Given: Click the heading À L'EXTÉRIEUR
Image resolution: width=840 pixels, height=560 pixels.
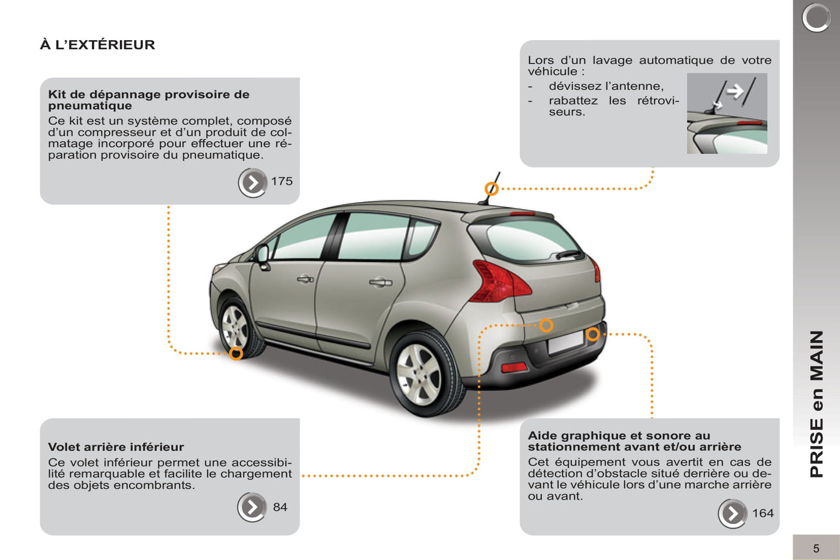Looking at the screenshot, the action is [98, 45].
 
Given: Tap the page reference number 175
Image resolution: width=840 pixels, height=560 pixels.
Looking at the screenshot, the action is [281, 181].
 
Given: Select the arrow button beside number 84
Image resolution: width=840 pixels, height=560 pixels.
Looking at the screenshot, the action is [252, 507].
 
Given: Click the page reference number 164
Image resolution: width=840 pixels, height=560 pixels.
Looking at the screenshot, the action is [763, 513].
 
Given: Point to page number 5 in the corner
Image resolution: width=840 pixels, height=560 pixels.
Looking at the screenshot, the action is [816, 548].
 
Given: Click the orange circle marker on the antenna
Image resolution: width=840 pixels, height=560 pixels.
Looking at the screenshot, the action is [491, 189].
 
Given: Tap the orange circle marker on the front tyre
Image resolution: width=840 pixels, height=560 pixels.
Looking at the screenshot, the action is [236, 353].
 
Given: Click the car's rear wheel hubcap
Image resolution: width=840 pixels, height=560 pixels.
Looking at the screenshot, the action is [419, 374].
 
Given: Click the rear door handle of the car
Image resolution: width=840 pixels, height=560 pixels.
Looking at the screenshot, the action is [381, 283].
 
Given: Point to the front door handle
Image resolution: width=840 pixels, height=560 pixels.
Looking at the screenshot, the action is [305, 279].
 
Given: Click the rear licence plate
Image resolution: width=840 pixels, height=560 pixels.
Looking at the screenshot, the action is [566, 342].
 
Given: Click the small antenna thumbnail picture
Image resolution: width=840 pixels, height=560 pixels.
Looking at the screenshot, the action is [727, 113].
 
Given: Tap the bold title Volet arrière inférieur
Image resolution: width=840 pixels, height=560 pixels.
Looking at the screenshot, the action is [116, 447].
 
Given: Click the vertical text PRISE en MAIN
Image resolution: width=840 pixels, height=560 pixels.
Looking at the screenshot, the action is [816, 404].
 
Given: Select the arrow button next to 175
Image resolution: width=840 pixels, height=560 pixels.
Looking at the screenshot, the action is [253, 183].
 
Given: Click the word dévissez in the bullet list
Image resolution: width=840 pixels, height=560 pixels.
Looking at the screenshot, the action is [575, 86].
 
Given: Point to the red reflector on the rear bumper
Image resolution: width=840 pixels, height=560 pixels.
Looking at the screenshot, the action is [514, 367].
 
